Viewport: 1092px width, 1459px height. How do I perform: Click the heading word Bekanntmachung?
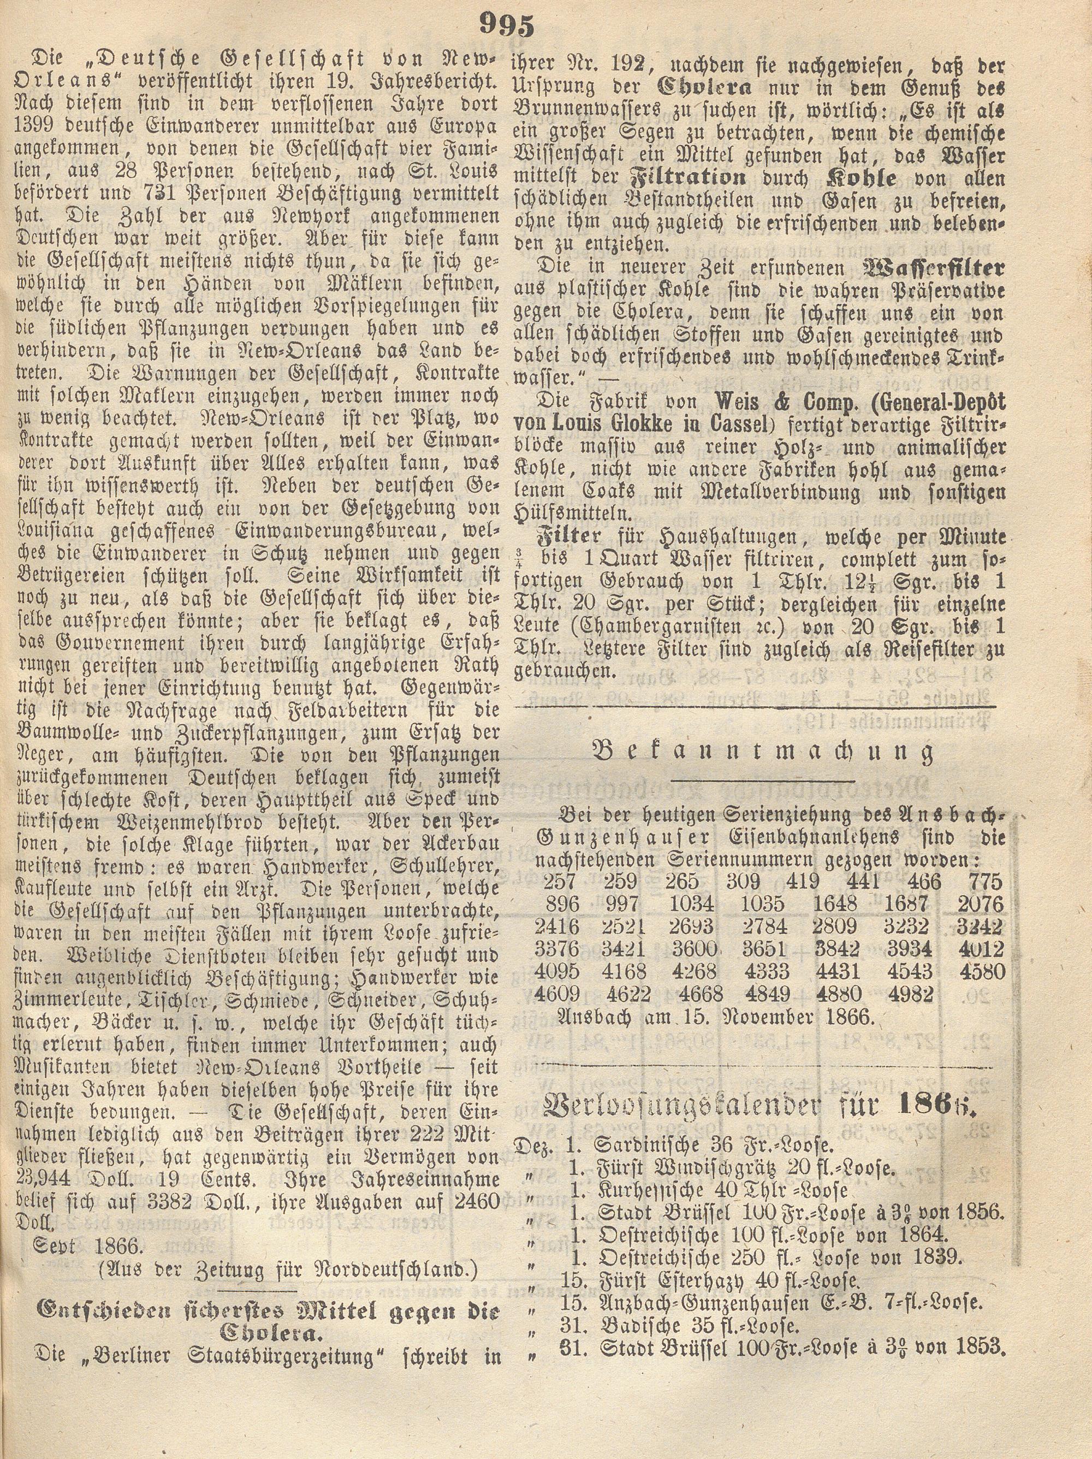764,753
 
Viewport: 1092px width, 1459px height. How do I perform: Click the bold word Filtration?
689,178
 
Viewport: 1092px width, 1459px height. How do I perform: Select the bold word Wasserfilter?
933,268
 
